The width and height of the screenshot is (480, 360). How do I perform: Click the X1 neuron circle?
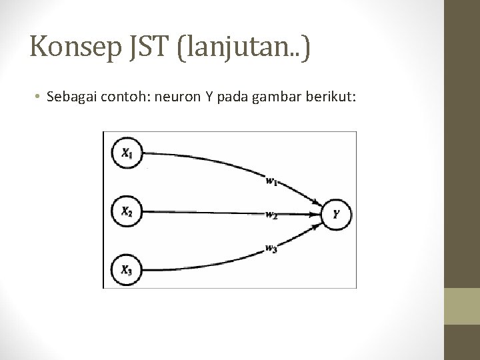click(127, 153)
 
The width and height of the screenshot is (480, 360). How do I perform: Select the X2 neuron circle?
click(127, 211)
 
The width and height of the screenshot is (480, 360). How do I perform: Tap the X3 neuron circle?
click(127, 269)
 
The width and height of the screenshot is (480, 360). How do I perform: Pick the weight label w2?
click(271, 215)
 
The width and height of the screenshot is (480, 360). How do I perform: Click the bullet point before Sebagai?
click(39, 98)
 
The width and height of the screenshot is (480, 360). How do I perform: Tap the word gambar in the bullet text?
click(275, 98)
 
